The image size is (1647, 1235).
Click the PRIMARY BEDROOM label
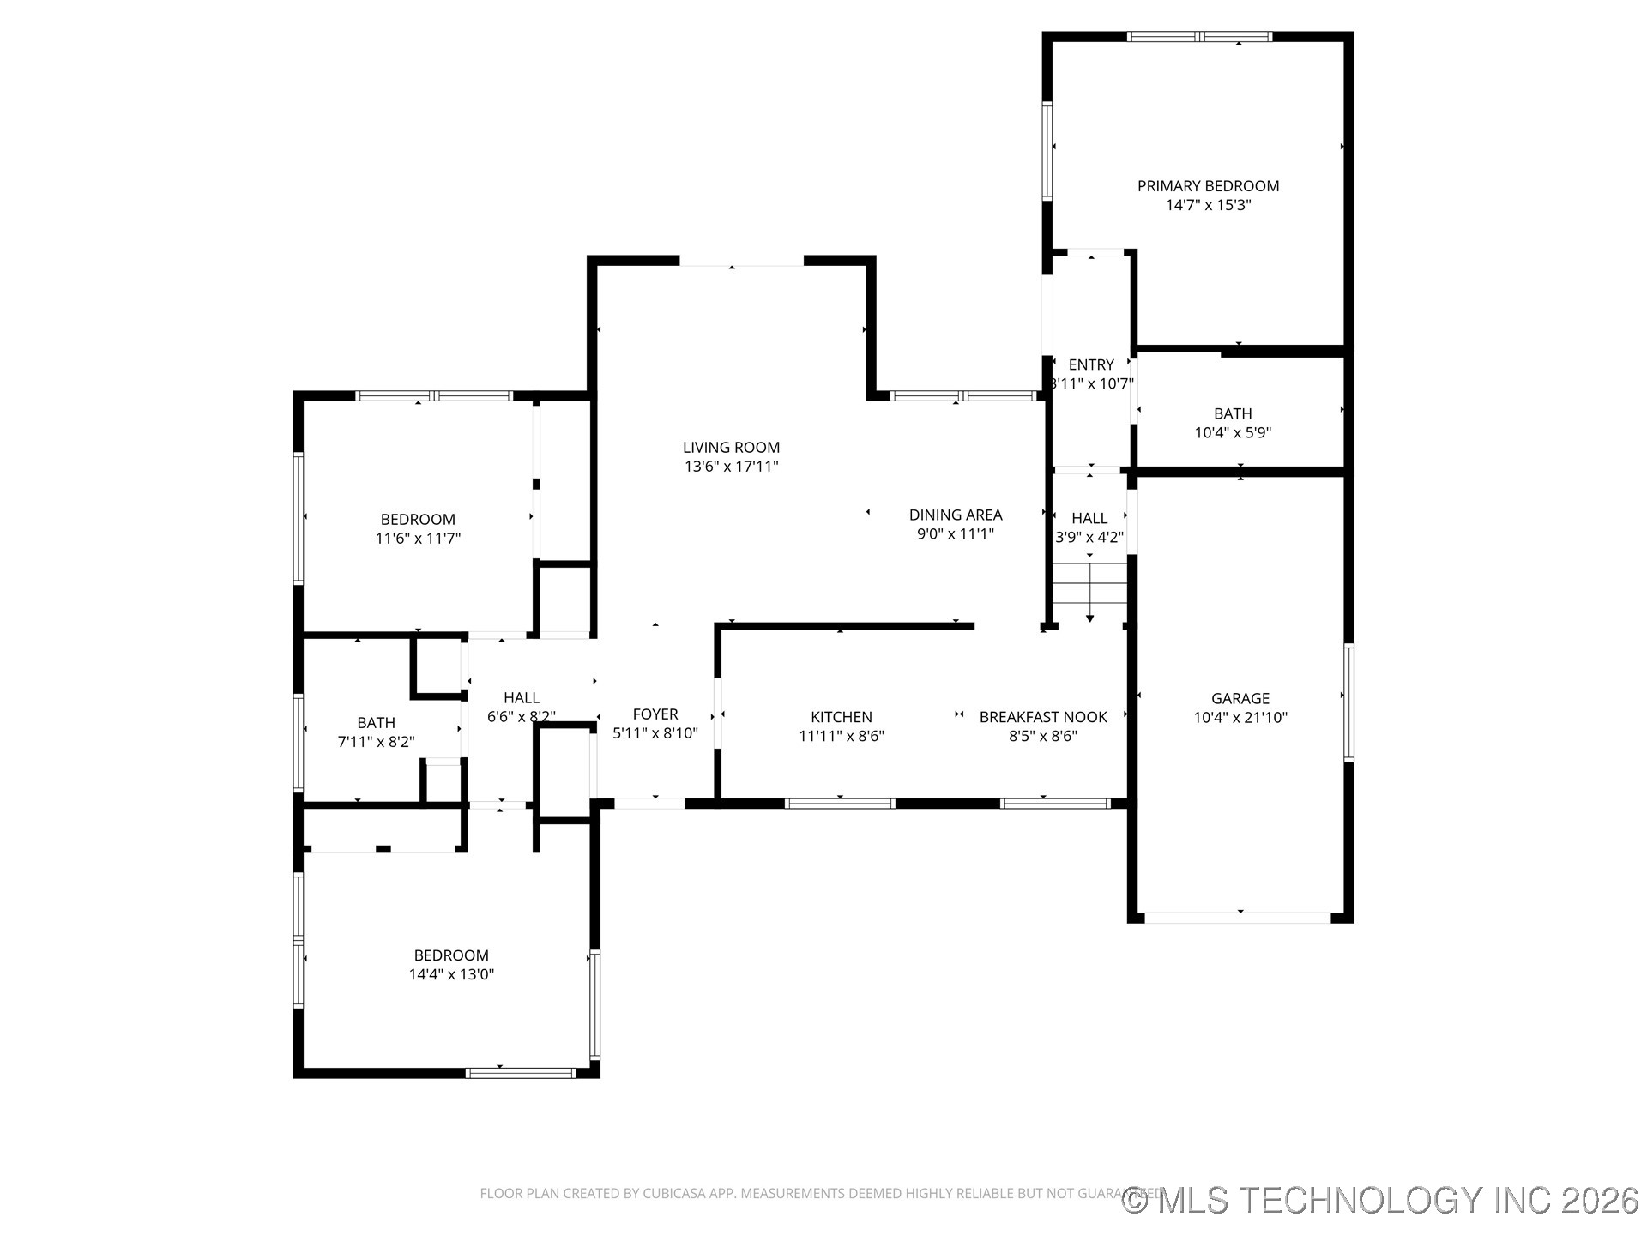pyautogui.click(x=1208, y=186)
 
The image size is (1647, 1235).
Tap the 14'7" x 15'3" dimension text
pyautogui.click(x=1208, y=206)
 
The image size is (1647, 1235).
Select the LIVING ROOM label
pyautogui.click(x=731, y=448)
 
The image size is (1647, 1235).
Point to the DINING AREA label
pyautogui.click(x=956, y=515)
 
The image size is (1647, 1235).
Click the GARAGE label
pyautogui.click(x=1240, y=699)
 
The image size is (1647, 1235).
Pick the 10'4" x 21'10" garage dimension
pyautogui.click(x=1240, y=718)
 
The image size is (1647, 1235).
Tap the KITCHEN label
pyautogui.click(x=841, y=717)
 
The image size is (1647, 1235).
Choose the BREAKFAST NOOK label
pyautogui.click(x=1043, y=717)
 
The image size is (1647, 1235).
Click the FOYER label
pyautogui.click(x=655, y=714)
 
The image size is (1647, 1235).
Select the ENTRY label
pyautogui.click(x=1091, y=365)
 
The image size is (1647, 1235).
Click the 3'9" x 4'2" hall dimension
pyautogui.click(x=1089, y=538)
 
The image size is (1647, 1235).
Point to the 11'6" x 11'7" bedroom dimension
pyautogui.click(x=418, y=539)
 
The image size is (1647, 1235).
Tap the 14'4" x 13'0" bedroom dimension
pyautogui.click(x=451, y=974)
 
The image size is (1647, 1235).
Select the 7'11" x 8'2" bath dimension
pyautogui.click(x=376, y=742)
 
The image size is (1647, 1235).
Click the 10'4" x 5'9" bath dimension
pyautogui.click(x=1233, y=433)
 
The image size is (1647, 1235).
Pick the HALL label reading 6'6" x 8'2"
pyautogui.click(x=522, y=698)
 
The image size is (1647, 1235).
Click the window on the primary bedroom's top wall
pyautogui.click(x=1199, y=37)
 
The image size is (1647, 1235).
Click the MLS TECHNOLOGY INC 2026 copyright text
pyautogui.click(x=1381, y=1200)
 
